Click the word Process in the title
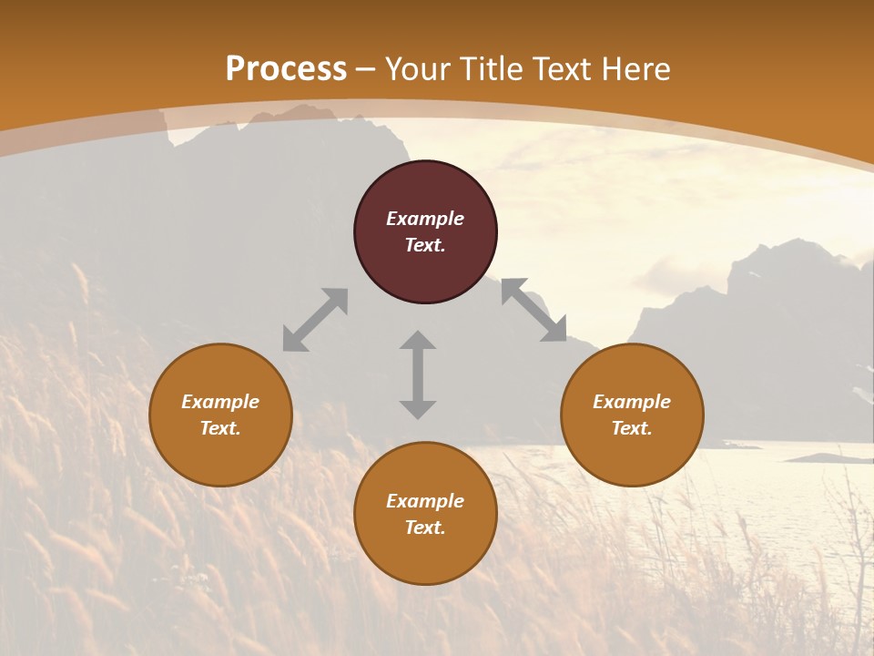coord(286,69)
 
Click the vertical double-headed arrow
coord(418,374)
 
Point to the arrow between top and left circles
coord(315,320)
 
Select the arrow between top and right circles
coord(534,310)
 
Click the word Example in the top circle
coord(425,219)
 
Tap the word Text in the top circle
coord(425,245)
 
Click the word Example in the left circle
coord(220,402)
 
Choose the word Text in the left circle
coord(220,428)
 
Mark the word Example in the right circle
coord(632,402)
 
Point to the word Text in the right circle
coord(632,428)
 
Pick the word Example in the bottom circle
coord(425,501)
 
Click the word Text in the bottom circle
coord(425,528)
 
